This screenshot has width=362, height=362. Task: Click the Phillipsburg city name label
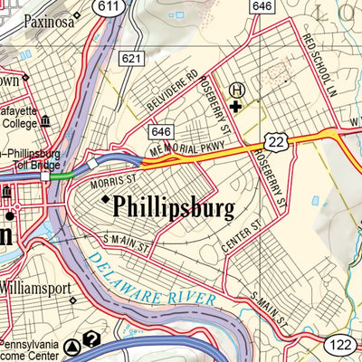coord(174,207)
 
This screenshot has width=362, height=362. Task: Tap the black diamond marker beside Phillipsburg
coord(105,199)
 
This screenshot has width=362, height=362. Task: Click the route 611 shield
coord(110,7)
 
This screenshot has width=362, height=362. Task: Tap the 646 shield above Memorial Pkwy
coord(162,131)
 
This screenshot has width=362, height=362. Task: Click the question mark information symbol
coord(90,340)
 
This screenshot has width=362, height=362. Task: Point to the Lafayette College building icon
coord(44,121)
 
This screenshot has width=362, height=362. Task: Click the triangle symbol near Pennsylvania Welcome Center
coord(72,346)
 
